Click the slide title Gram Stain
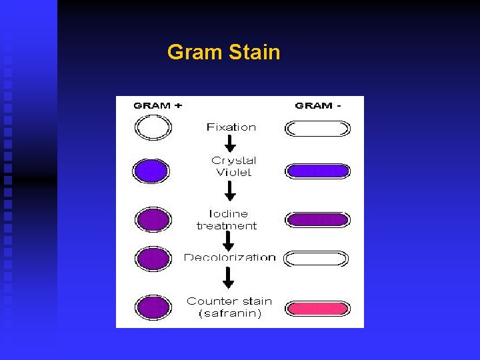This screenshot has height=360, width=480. coord(223,52)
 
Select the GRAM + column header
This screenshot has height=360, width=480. coord(158,105)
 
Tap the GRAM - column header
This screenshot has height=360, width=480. coord(318,105)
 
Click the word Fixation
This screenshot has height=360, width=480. coord(231,127)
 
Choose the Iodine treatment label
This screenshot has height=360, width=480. coord(227,219)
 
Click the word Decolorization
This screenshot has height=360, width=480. coord(230,257)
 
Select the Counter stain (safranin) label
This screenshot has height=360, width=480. coord(229,307)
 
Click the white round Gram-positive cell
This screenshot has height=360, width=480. coord(153,127)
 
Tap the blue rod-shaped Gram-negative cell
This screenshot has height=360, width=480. coord(317,171)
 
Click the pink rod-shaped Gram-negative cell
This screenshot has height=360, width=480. coord(317,308)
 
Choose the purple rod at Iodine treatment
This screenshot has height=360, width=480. coord(317,219)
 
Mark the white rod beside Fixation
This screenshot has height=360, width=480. coord(317,128)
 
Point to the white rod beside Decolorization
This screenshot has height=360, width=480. coord(317,258)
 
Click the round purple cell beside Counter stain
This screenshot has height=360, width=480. coord(153,307)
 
